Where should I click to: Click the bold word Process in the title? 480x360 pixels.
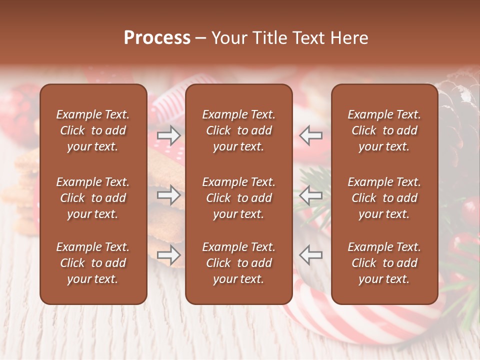[x=157, y=38]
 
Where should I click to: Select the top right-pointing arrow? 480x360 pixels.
[x=169, y=135]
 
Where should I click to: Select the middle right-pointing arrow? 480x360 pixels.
[x=169, y=195]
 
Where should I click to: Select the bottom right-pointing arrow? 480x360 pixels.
[x=169, y=255]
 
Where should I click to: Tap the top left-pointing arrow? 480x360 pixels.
[x=311, y=135]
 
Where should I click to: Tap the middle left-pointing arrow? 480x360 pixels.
[x=311, y=195]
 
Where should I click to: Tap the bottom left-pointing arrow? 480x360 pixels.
[x=311, y=255]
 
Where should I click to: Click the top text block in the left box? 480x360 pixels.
[x=93, y=130]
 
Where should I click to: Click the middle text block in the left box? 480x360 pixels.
[x=93, y=198]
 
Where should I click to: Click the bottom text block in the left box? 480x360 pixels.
[x=93, y=263]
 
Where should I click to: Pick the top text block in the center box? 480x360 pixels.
[x=238, y=130]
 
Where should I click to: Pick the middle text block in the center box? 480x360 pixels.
[x=238, y=198]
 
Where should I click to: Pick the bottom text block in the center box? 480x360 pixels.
[x=238, y=263]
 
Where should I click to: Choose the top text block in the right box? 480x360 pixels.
[x=384, y=130]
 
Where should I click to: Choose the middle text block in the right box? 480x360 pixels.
[x=384, y=198]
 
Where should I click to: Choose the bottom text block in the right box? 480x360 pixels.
[x=384, y=263]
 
